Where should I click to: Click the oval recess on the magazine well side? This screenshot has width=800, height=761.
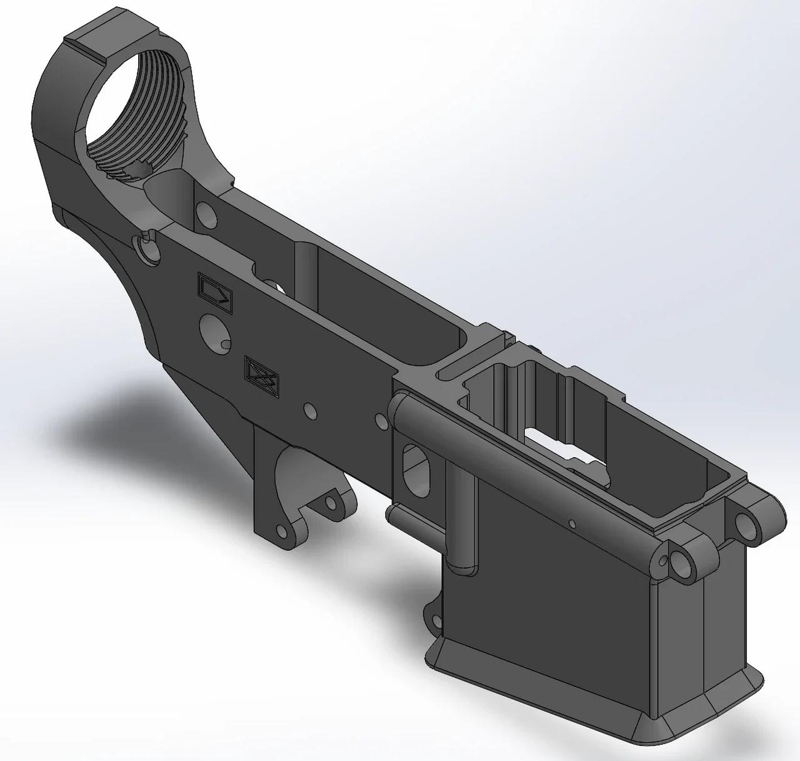(416, 466)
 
